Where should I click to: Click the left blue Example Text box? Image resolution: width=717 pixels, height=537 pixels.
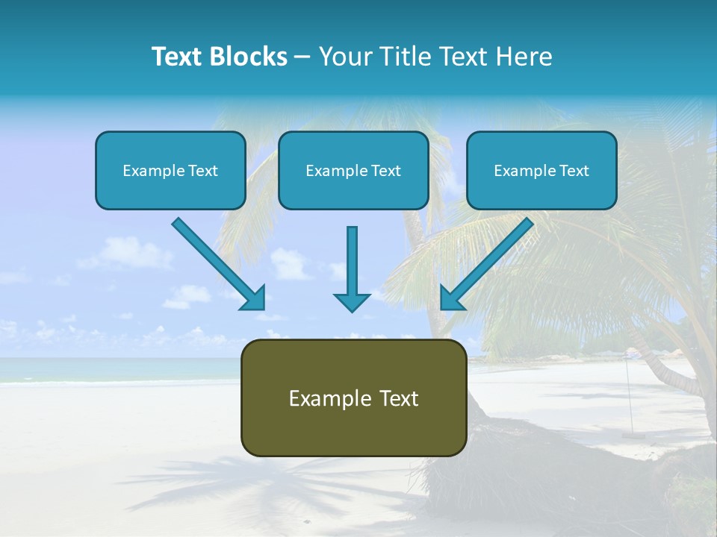coord(170,170)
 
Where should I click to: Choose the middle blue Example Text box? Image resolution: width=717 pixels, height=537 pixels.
coord(353,170)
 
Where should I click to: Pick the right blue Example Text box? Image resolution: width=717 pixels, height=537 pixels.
coord(541,170)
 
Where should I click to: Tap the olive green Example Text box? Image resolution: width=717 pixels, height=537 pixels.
coord(353,398)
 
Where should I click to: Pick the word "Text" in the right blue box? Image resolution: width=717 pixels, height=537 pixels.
coord(574,171)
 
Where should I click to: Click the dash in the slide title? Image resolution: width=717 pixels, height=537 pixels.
coord(302,57)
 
